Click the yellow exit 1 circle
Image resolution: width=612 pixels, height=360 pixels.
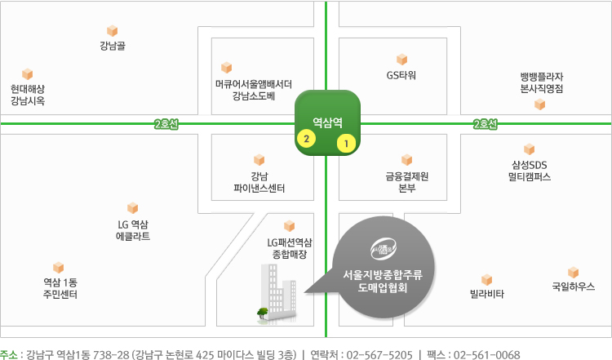click(x=346, y=144)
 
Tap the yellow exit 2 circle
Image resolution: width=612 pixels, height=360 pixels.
click(x=306, y=138)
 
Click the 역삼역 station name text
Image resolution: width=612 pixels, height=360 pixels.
click(x=327, y=122)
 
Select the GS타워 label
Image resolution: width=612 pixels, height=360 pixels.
click(x=401, y=75)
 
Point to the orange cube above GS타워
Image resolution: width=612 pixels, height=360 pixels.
click(x=401, y=60)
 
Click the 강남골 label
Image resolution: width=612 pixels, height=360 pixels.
click(x=113, y=46)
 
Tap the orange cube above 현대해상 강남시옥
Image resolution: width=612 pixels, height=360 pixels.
click(x=27, y=73)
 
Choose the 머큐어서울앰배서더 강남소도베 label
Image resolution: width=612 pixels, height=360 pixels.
click(x=254, y=90)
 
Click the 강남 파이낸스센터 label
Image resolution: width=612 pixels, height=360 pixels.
click(x=259, y=182)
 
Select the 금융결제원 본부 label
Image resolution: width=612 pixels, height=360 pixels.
click(x=406, y=182)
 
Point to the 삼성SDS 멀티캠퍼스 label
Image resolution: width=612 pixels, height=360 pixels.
click(x=530, y=171)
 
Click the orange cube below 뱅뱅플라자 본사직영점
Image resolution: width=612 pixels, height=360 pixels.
click(x=540, y=104)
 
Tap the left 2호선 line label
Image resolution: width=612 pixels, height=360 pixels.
click(x=166, y=124)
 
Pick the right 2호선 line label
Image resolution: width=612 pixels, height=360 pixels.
click(x=486, y=124)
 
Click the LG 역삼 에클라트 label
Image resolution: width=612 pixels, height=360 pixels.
click(x=133, y=230)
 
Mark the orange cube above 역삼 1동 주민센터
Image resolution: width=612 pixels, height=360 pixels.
click(x=58, y=268)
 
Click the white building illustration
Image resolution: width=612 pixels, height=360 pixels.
click(x=277, y=293)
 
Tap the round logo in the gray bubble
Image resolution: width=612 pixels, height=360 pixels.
click(x=384, y=249)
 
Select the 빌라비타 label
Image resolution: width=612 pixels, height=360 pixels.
click(x=486, y=294)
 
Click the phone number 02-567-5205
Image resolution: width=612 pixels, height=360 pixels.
click(x=379, y=354)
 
